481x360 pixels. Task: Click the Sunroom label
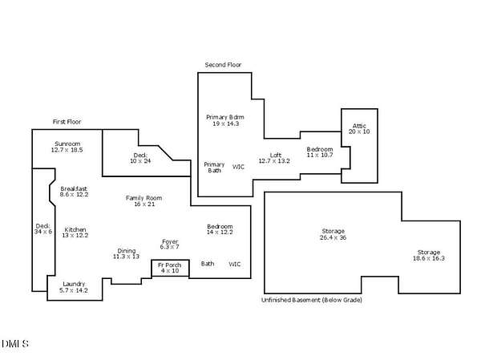(x=67, y=144)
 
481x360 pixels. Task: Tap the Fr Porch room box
(x=170, y=261)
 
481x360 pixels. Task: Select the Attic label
(x=359, y=126)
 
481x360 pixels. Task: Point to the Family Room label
(x=143, y=198)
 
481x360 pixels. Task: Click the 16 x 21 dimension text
(x=144, y=204)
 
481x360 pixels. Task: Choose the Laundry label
(x=74, y=284)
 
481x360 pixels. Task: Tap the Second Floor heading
(x=223, y=65)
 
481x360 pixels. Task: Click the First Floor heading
(x=67, y=122)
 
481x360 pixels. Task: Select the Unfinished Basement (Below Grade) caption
(x=312, y=300)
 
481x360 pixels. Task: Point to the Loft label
(x=276, y=156)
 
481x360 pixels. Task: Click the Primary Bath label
(x=214, y=168)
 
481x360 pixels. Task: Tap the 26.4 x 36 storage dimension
(x=333, y=237)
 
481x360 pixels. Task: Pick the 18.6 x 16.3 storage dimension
(x=429, y=258)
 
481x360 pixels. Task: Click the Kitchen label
(x=75, y=230)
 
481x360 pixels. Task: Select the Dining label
(x=127, y=251)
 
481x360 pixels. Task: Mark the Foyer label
(x=170, y=242)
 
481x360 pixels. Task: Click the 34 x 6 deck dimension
(x=43, y=232)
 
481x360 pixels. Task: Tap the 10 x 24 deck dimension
(x=140, y=161)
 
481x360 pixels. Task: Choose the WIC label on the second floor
(x=238, y=167)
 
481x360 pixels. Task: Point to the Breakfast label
(x=74, y=188)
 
